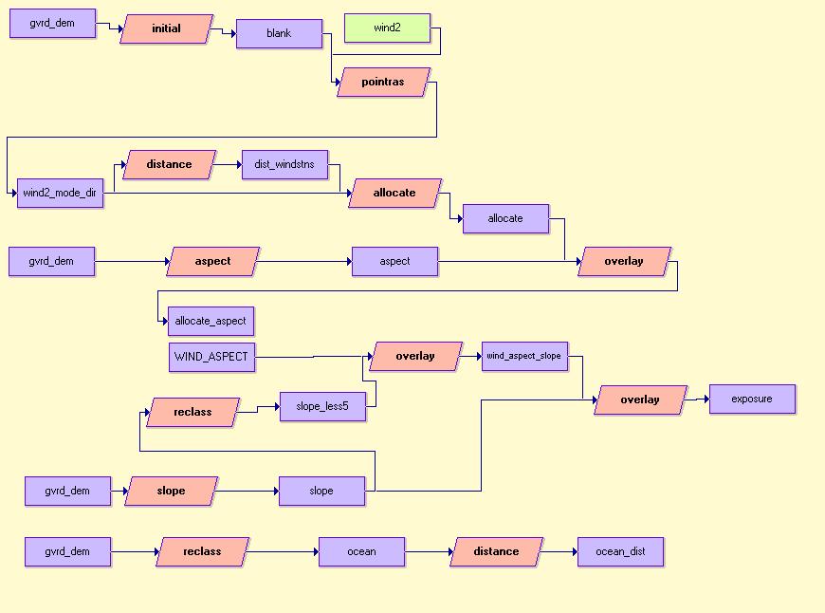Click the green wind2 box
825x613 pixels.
(387, 28)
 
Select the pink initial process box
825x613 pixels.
(167, 29)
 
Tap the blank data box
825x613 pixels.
(279, 34)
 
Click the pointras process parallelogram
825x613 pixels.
(383, 83)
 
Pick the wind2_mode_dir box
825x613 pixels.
(60, 194)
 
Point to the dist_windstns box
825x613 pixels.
(284, 165)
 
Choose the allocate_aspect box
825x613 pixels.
(211, 322)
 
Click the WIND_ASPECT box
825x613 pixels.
(211, 358)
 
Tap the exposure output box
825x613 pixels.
(752, 399)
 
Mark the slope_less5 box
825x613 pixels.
(322, 407)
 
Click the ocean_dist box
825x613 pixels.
(620, 552)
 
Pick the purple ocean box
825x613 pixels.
(361, 552)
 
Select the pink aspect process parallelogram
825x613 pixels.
(212, 262)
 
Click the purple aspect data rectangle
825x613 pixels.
(394, 262)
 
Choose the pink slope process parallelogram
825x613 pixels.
(172, 492)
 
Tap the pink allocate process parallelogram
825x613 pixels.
(394, 194)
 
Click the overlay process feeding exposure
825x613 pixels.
(640, 400)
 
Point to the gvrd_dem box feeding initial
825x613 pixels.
(52, 24)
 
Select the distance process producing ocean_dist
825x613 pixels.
(496, 552)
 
